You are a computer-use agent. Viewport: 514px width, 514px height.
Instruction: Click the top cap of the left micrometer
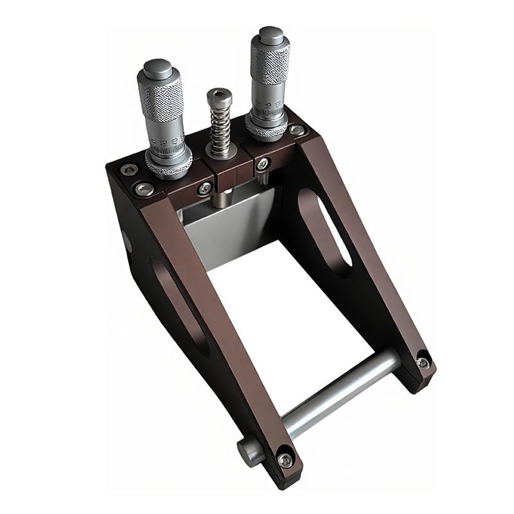coord(158,68)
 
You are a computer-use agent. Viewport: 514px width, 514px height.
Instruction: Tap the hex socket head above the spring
coord(220,98)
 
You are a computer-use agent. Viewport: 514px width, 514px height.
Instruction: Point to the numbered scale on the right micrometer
coord(265,103)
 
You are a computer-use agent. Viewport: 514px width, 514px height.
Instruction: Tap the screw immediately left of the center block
coord(205,188)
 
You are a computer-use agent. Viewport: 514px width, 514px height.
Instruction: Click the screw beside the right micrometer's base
coord(296,130)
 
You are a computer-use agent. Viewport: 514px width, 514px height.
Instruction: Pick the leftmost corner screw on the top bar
coord(128,170)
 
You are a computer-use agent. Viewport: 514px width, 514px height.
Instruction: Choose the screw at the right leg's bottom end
coord(422,363)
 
